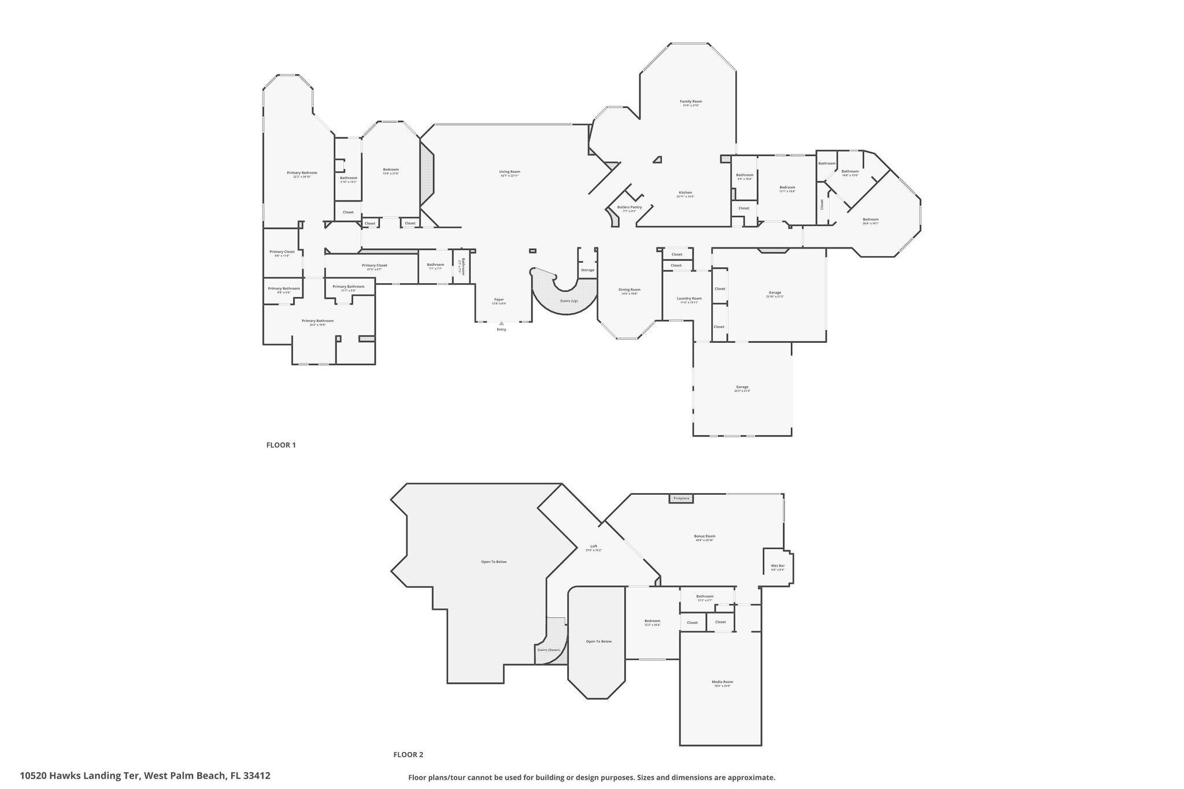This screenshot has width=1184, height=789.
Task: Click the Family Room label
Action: (x=691, y=102)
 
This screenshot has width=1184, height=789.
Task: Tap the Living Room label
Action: (x=510, y=172)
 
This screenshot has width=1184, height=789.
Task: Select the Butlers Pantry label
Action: (x=629, y=207)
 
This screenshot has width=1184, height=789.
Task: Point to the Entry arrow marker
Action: (x=501, y=324)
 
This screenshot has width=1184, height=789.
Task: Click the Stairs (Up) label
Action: (x=569, y=301)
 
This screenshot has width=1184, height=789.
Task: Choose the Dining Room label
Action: (x=630, y=290)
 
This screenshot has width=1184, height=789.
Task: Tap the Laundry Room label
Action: (x=689, y=298)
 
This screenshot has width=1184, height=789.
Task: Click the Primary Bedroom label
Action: (x=302, y=173)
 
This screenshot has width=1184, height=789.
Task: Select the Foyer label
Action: (x=499, y=299)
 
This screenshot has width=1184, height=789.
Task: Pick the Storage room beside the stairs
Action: (x=587, y=270)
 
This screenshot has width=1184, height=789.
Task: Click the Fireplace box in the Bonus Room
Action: (x=681, y=498)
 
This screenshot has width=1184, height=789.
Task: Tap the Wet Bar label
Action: (x=778, y=566)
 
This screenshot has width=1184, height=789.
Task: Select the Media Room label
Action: (x=722, y=682)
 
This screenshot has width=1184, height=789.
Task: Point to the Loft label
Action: (x=593, y=546)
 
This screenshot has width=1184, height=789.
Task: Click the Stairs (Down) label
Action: (x=548, y=650)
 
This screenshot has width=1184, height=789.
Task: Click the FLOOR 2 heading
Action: (x=408, y=754)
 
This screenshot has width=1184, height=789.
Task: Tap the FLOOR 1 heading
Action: (x=281, y=445)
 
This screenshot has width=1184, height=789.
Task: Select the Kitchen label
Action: (x=685, y=192)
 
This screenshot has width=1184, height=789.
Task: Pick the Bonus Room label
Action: (x=704, y=536)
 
